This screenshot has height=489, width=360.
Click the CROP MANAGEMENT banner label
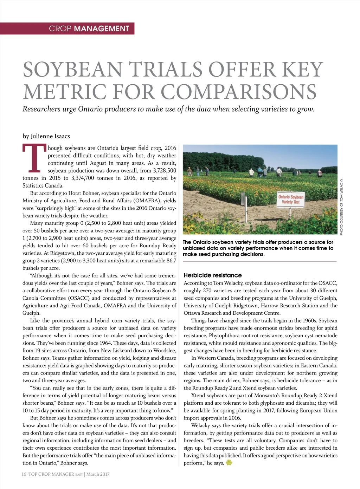tap(89, 28)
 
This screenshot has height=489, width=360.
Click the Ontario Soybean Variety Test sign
tap(291, 199)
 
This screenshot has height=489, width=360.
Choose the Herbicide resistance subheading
tap(213, 275)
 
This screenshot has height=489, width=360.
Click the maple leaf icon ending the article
tap(229, 463)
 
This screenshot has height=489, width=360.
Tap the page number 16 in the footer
tap(24, 474)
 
